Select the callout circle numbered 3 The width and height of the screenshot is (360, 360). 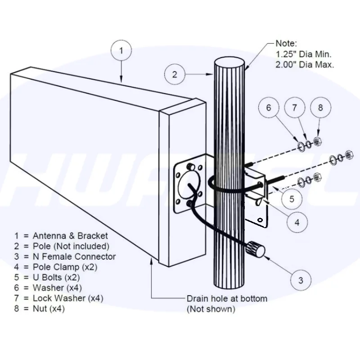click(301, 280)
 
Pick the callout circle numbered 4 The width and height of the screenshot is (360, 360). click(297, 221)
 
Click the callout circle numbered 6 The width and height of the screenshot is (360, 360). click(269, 108)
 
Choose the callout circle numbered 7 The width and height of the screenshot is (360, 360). click(295, 108)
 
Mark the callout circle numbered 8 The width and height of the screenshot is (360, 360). click(320, 108)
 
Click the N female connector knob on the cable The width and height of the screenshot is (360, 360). click(254, 247)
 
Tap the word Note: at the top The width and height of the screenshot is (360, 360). click(286, 44)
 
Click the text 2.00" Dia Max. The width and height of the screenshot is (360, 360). click(304, 64)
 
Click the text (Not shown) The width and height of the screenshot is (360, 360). click(211, 309)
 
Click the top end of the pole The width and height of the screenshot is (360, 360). click(229, 63)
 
